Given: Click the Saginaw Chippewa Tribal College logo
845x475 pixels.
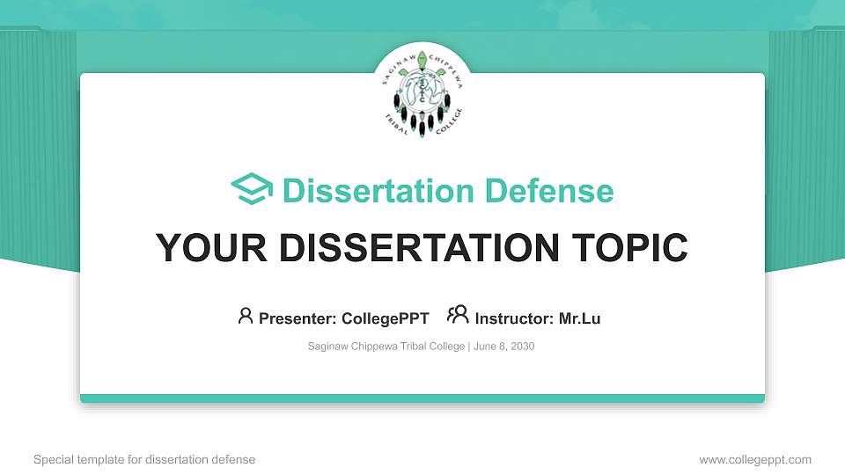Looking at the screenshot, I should coord(422,93).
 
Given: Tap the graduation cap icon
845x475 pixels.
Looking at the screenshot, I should coord(252,190).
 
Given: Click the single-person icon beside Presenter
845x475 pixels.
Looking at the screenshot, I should coord(246,316).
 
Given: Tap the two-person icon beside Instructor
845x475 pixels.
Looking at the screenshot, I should coord(458,316).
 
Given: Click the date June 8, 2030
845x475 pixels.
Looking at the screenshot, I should coord(503,347).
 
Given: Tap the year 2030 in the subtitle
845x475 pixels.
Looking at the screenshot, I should coord(521,347).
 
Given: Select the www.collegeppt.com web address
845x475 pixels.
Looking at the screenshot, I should coord(755,459).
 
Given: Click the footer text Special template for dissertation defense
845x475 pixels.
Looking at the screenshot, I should coord(144,459).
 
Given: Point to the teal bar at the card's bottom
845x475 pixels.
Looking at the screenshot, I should coord(422,398).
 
